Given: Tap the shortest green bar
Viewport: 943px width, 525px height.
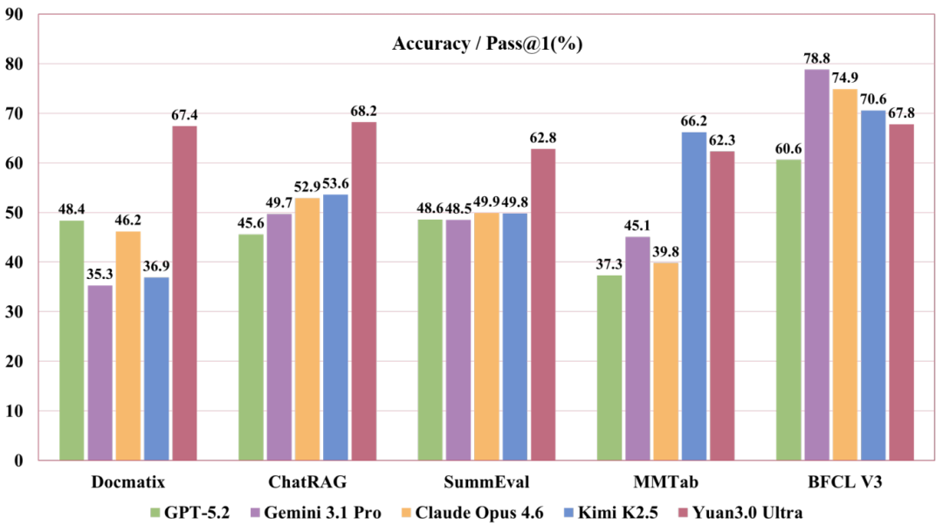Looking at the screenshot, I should pos(609,367).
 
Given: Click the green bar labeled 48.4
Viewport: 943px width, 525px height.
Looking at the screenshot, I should pos(72,340).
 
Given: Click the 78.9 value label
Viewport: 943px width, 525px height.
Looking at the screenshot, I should pos(816,58).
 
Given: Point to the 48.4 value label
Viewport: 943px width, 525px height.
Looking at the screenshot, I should pos(72,209).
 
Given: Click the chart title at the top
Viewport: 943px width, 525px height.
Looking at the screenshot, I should pos(486,43).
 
